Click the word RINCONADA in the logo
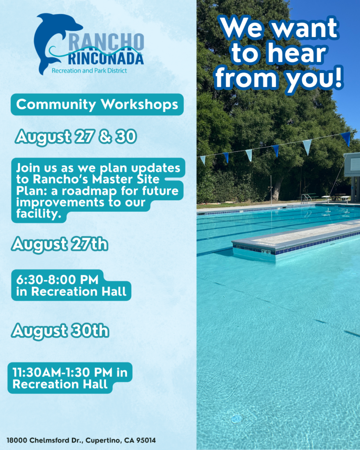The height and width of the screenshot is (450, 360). coord(106,59)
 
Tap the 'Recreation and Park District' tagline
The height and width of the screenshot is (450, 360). coord(89,71)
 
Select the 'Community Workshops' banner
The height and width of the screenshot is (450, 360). coord(97,105)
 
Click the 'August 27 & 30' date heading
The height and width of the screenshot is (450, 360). coord(76,137)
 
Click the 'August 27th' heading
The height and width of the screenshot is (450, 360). coord(60,244)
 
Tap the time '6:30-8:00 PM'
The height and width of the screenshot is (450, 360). coord(57,279)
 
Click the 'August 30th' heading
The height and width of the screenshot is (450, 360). coord(60,331)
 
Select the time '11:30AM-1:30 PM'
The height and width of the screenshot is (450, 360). coord(62,372)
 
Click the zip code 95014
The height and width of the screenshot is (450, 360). coord(146,440)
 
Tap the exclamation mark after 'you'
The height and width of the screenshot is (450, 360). coord(339,76)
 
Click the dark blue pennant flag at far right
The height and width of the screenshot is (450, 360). coord(346,138)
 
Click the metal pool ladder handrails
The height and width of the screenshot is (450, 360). coord(306,198)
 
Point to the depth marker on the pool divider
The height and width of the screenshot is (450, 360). coord(266,252)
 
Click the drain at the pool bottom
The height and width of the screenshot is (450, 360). coord(237,419)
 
